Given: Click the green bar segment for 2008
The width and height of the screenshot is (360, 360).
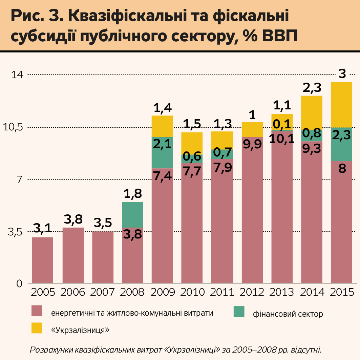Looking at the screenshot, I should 132,214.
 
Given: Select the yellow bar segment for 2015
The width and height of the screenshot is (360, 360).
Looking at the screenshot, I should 341,105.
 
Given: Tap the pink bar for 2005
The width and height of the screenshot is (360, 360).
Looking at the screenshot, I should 42,260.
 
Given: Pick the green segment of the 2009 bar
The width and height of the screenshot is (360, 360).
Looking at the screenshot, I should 162,152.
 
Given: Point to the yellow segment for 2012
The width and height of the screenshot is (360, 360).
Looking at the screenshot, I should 252,129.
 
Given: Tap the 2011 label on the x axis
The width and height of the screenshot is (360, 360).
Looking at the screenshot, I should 222,292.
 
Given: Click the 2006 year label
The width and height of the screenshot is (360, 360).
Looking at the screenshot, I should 73,292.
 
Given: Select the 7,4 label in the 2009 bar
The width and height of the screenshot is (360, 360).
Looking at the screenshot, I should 162,176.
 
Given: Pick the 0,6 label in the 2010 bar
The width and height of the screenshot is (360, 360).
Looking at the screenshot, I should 192,156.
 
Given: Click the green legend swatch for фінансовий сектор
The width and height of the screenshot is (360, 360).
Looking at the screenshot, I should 239,312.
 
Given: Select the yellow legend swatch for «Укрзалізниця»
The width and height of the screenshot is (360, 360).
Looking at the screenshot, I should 37,328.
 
